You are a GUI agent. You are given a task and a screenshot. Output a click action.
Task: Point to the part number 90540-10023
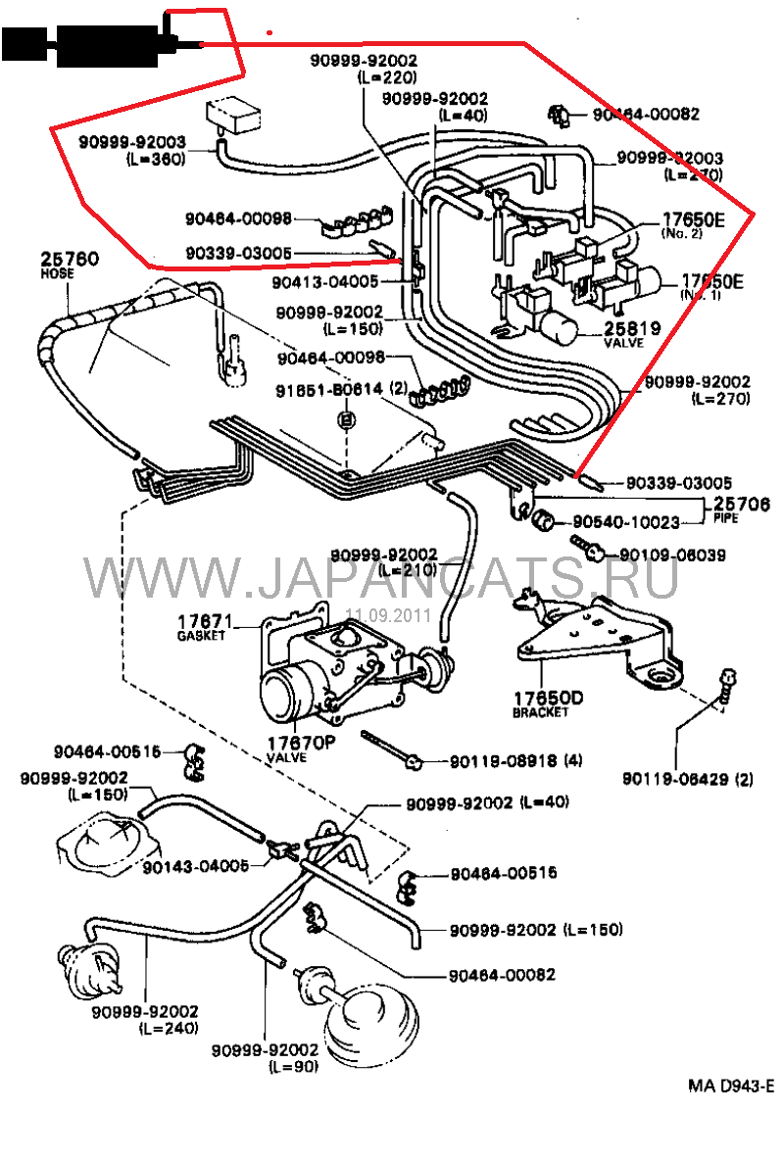[626, 523]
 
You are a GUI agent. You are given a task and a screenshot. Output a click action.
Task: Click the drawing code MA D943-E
[730, 1086]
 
